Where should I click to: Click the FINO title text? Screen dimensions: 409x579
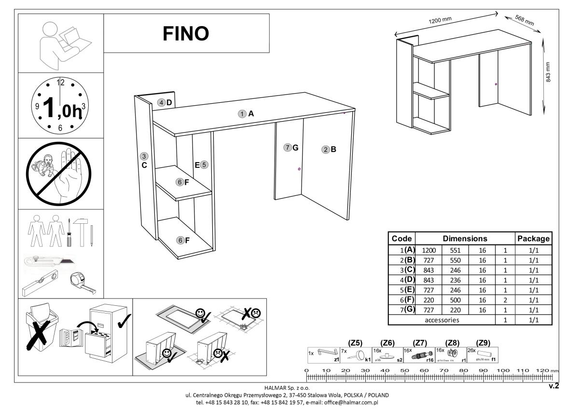pyautogui.click(x=186, y=33)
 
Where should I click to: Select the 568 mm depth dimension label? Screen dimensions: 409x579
pyautogui.click(x=524, y=20)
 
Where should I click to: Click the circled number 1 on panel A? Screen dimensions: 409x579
pyautogui.click(x=242, y=114)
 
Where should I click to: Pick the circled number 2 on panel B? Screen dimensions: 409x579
pyautogui.click(x=326, y=150)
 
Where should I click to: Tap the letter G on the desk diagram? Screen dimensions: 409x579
pyautogui.click(x=295, y=148)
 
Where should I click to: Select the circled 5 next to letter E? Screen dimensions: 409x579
pyautogui.click(x=204, y=164)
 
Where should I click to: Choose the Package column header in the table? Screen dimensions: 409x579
pyautogui.click(x=533, y=239)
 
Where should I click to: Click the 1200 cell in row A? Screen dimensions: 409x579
pyautogui.click(x=429, y=250)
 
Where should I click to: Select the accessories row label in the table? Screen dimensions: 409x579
pyautogui.click(x=442, y=320)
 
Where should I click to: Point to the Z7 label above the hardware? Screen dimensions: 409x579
pyautogui.click(x=421, y=343)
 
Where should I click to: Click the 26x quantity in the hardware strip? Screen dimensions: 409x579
pyautogui.click(x=471, y=351)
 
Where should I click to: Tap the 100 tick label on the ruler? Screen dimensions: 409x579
pyautogui.click(x=504, y=370)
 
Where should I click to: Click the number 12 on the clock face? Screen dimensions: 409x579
pyautogui.click(x=61, y=82)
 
